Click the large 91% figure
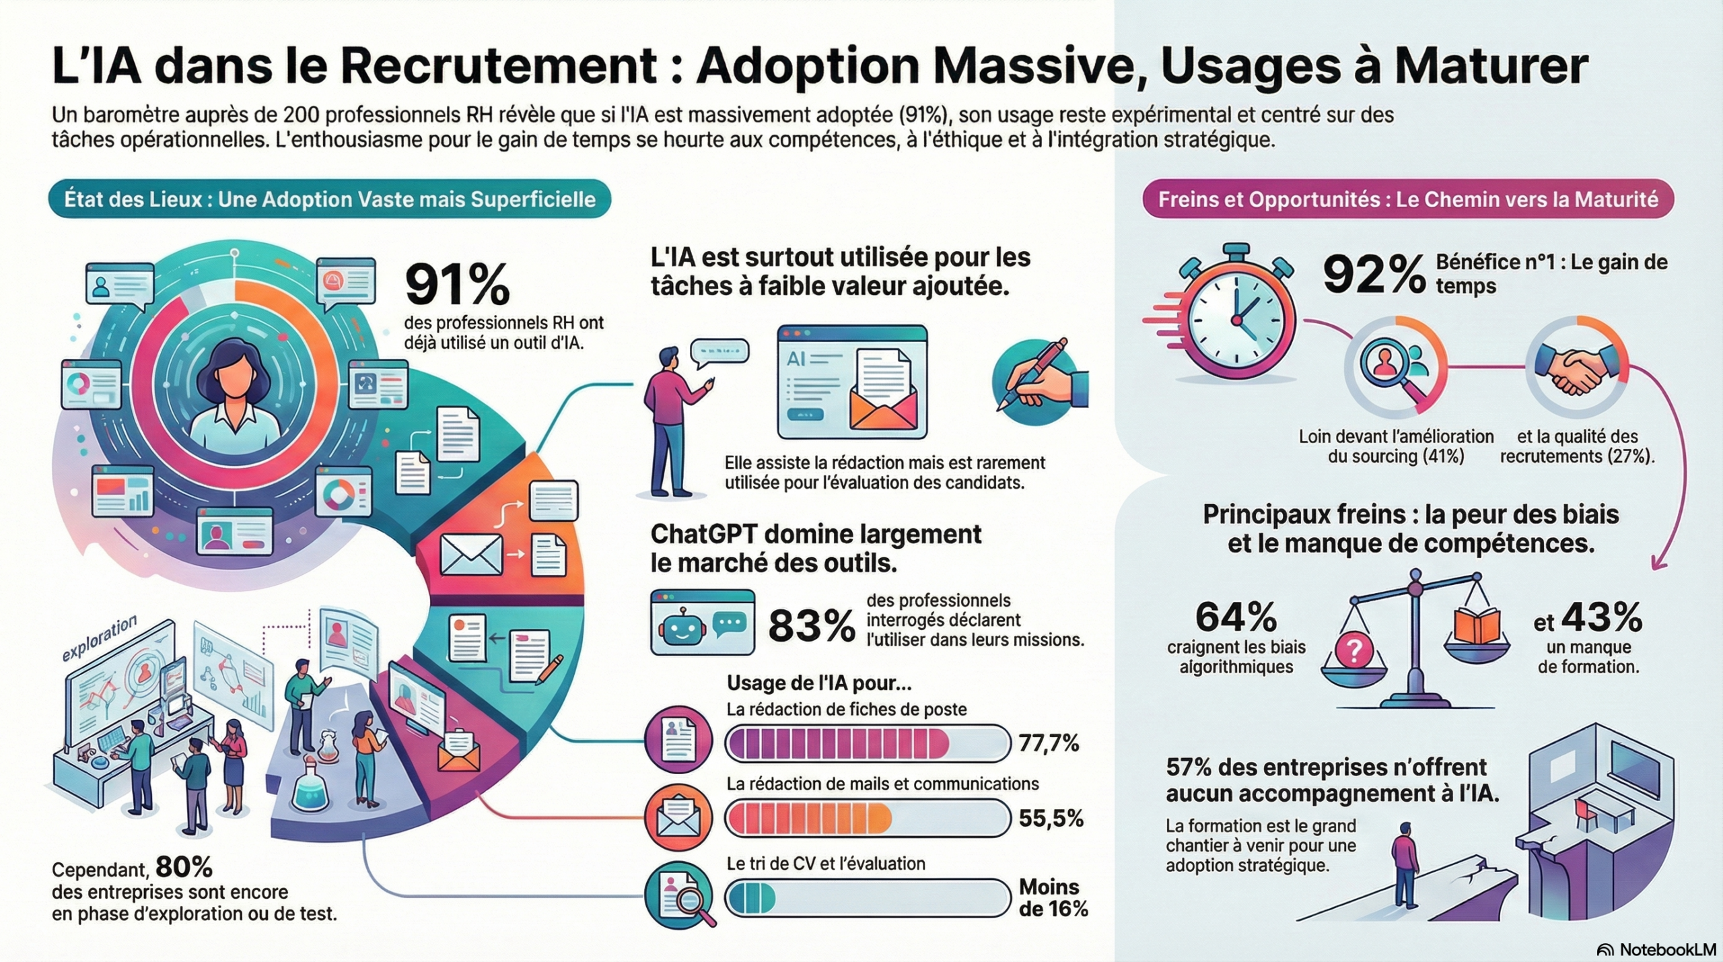coord(457,285)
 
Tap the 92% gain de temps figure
coord(1373,275)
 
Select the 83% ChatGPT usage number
coord(811,627)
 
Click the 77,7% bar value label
coord(1049,743)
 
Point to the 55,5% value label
coord(1051,818)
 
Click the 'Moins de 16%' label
coord(1053,898)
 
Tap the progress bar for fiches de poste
coord(868,743)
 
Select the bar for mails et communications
coord(868,819)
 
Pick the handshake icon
coord(1576,370)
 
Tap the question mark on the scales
coord(1354,650)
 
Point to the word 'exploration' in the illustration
coord(99,638)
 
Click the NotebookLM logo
coord(1656,949)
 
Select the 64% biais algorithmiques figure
coord(1236,617)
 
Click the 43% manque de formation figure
coord(1601,617)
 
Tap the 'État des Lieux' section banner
coord(330,199)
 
